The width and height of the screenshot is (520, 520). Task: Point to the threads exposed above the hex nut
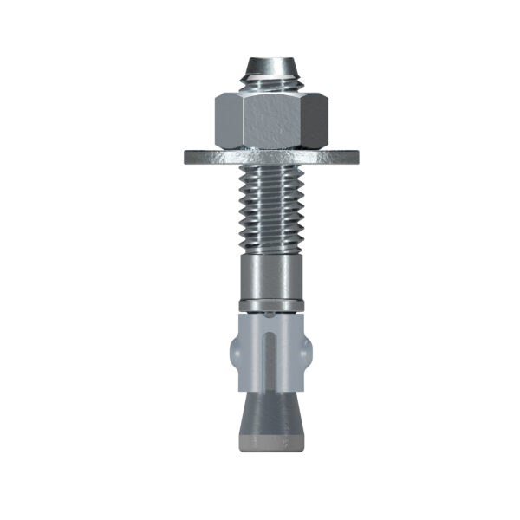point(270,85)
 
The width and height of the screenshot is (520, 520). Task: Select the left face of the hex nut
point(226,120)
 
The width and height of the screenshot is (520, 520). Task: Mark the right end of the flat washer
point(354,157)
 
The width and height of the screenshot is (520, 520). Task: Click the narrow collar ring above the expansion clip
point(270,304)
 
